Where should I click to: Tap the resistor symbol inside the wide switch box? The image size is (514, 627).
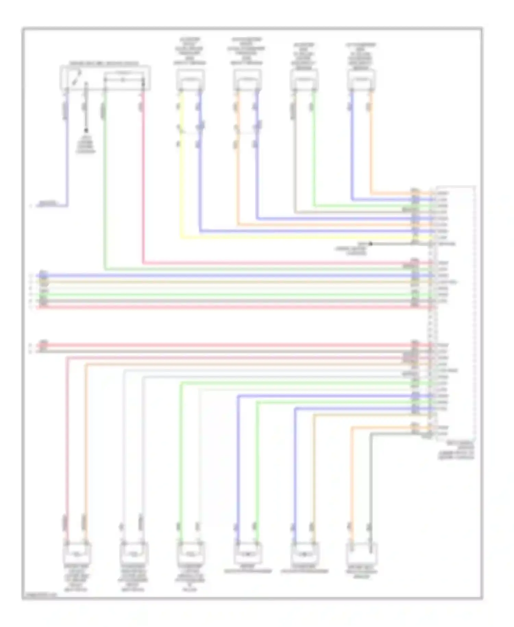click(x=123, y=80)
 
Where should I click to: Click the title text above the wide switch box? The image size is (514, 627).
click(x=104, y=63)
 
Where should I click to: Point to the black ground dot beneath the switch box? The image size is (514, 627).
click(x=86, y=130)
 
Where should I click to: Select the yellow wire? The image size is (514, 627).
click(x=181, y=171)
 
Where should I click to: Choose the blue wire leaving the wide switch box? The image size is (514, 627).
click(x=67, y=154)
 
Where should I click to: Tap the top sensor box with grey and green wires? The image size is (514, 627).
click(x=304, y=80)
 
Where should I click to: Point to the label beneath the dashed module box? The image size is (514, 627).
click(x=456, y=450)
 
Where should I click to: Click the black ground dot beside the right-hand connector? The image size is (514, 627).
click(x=370, y=244)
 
